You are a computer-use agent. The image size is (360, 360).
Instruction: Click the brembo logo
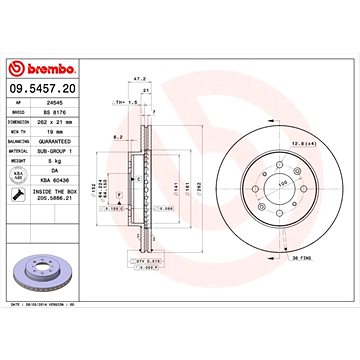pyautogui.click(x=42, y=68)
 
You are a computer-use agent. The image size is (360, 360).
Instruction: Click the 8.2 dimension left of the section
pyautogui.click(x=118, y=136)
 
